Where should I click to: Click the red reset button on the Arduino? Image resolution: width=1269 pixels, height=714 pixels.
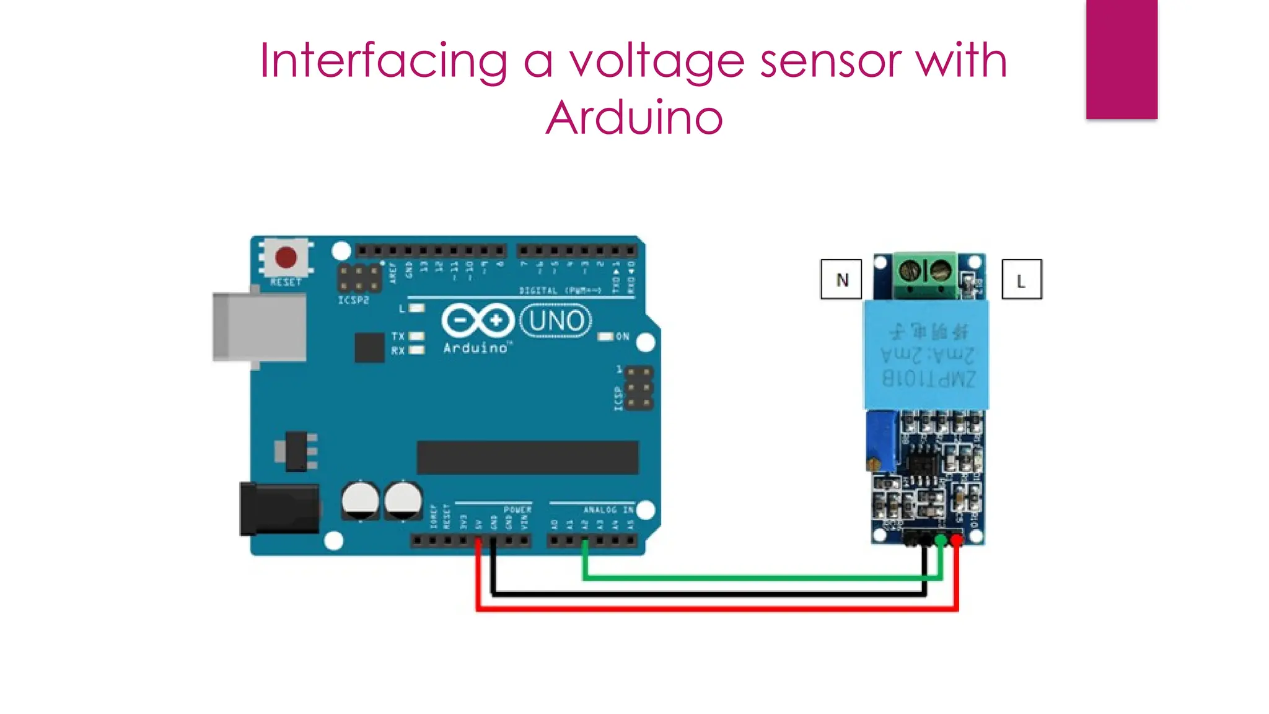coord(286,257)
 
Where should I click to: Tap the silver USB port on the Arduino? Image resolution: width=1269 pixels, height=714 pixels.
coord(260,327)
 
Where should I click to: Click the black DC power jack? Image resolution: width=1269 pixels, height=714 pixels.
coord(279,509)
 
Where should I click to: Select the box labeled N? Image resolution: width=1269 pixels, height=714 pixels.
coord(841,280)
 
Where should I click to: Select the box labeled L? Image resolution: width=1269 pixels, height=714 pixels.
coord(1021,280)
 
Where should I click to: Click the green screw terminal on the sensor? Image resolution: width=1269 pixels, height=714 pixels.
coord(924,275)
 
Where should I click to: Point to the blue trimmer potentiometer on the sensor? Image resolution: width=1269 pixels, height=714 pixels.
coord(882,441)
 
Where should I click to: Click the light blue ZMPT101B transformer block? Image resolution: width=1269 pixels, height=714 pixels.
coord(926,355)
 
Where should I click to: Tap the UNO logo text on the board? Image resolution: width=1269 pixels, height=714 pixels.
coord(556,320)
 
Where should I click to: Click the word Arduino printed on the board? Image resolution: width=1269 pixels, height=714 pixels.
coord(475,348)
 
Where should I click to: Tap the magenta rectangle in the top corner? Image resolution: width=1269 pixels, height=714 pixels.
coord(1121,59)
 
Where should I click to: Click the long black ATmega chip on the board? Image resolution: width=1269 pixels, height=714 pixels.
coord(527,457)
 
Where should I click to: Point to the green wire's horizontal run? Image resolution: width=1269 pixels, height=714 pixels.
coord(762,578)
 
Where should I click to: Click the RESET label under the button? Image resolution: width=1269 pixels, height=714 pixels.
coord(286,283)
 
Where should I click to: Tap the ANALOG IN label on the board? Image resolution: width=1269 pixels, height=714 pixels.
coord(608,509)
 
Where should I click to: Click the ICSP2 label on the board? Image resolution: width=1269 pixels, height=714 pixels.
coord(353,301)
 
